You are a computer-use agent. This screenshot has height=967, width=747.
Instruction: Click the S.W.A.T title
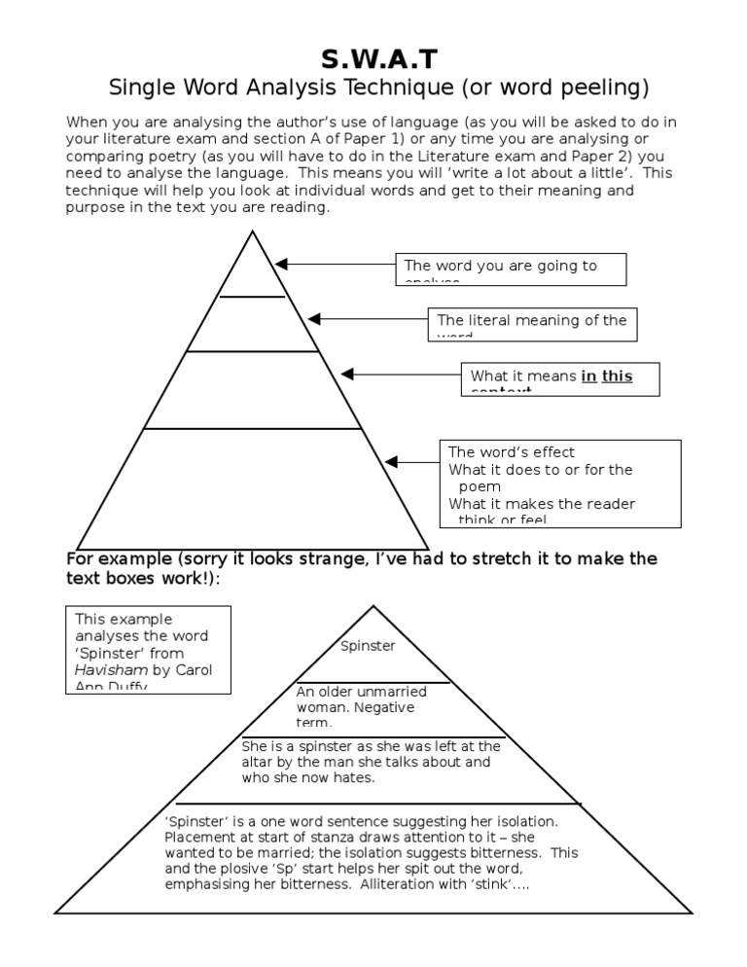point(374,59)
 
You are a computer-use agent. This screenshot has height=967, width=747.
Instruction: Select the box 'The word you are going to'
point(511,269)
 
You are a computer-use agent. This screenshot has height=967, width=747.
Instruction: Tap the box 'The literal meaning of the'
point(532,324)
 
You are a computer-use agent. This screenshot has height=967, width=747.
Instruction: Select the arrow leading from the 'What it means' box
point(400,374)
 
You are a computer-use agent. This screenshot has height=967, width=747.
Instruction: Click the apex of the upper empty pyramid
point(253,233)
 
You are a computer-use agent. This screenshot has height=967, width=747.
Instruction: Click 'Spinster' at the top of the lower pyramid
point(369,645)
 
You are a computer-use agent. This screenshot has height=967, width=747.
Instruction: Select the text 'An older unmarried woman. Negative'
point(355,699)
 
